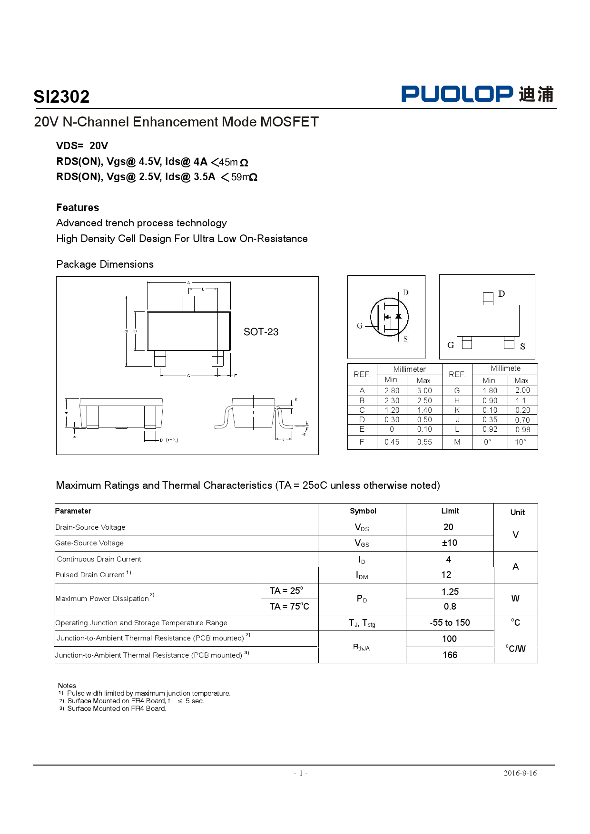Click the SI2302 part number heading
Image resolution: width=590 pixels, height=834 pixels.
tap(61, 97)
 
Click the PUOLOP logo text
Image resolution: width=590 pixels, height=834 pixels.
tap(457, 94)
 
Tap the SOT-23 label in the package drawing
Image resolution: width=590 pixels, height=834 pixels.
tap(261, 332)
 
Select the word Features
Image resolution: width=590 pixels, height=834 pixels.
tap(78, 208)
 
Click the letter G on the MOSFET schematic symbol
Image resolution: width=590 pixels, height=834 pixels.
tap(360, 326)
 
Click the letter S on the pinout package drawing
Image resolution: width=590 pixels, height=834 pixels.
tap(522, 347)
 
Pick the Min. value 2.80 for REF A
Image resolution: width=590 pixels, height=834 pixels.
tap(392, 390)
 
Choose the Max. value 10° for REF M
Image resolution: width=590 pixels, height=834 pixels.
tap(521, 442)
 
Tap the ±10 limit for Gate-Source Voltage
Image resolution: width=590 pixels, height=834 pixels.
tap(449, 543)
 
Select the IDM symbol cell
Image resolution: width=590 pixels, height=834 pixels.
tap(362, 575)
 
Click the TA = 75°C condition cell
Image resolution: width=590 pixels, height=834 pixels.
tap(289, 606)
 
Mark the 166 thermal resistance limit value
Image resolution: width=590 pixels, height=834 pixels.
tap(450, 655)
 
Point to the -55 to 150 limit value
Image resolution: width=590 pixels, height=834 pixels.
tap(450, 622)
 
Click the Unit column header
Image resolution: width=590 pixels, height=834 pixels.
tap(517, 512)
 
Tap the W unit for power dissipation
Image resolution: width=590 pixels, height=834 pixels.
tap(515, 599)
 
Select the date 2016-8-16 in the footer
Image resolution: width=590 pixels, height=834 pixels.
tap(520, 773)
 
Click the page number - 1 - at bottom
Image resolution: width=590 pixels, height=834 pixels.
tap(300, 773)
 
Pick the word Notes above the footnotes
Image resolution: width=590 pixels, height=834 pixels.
tap(67, 685)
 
